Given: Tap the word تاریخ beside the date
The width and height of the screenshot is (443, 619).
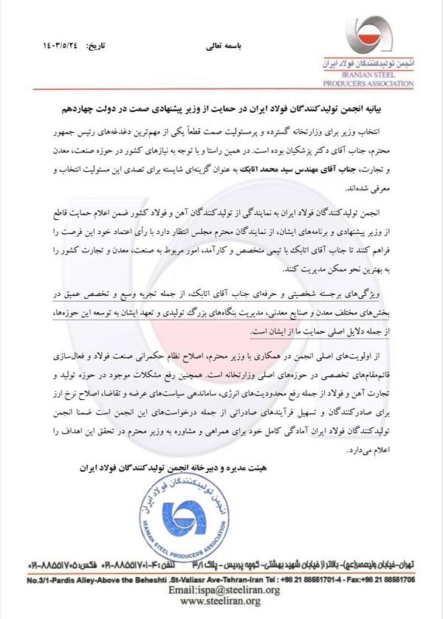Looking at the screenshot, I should (x=92, y=46).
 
